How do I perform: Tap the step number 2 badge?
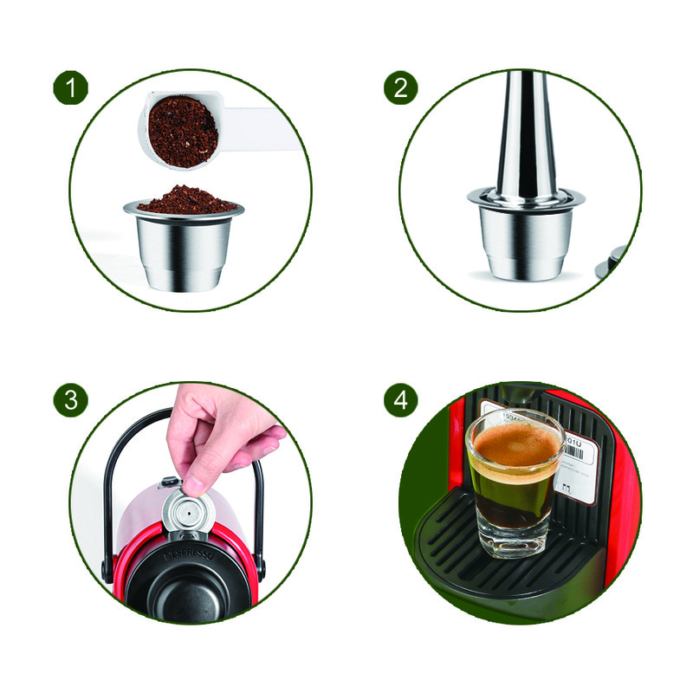[401, 88]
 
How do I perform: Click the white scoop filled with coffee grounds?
[183, 131]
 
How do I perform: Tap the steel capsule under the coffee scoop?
[181, 247]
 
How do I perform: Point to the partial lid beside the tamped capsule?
[617, 260]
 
